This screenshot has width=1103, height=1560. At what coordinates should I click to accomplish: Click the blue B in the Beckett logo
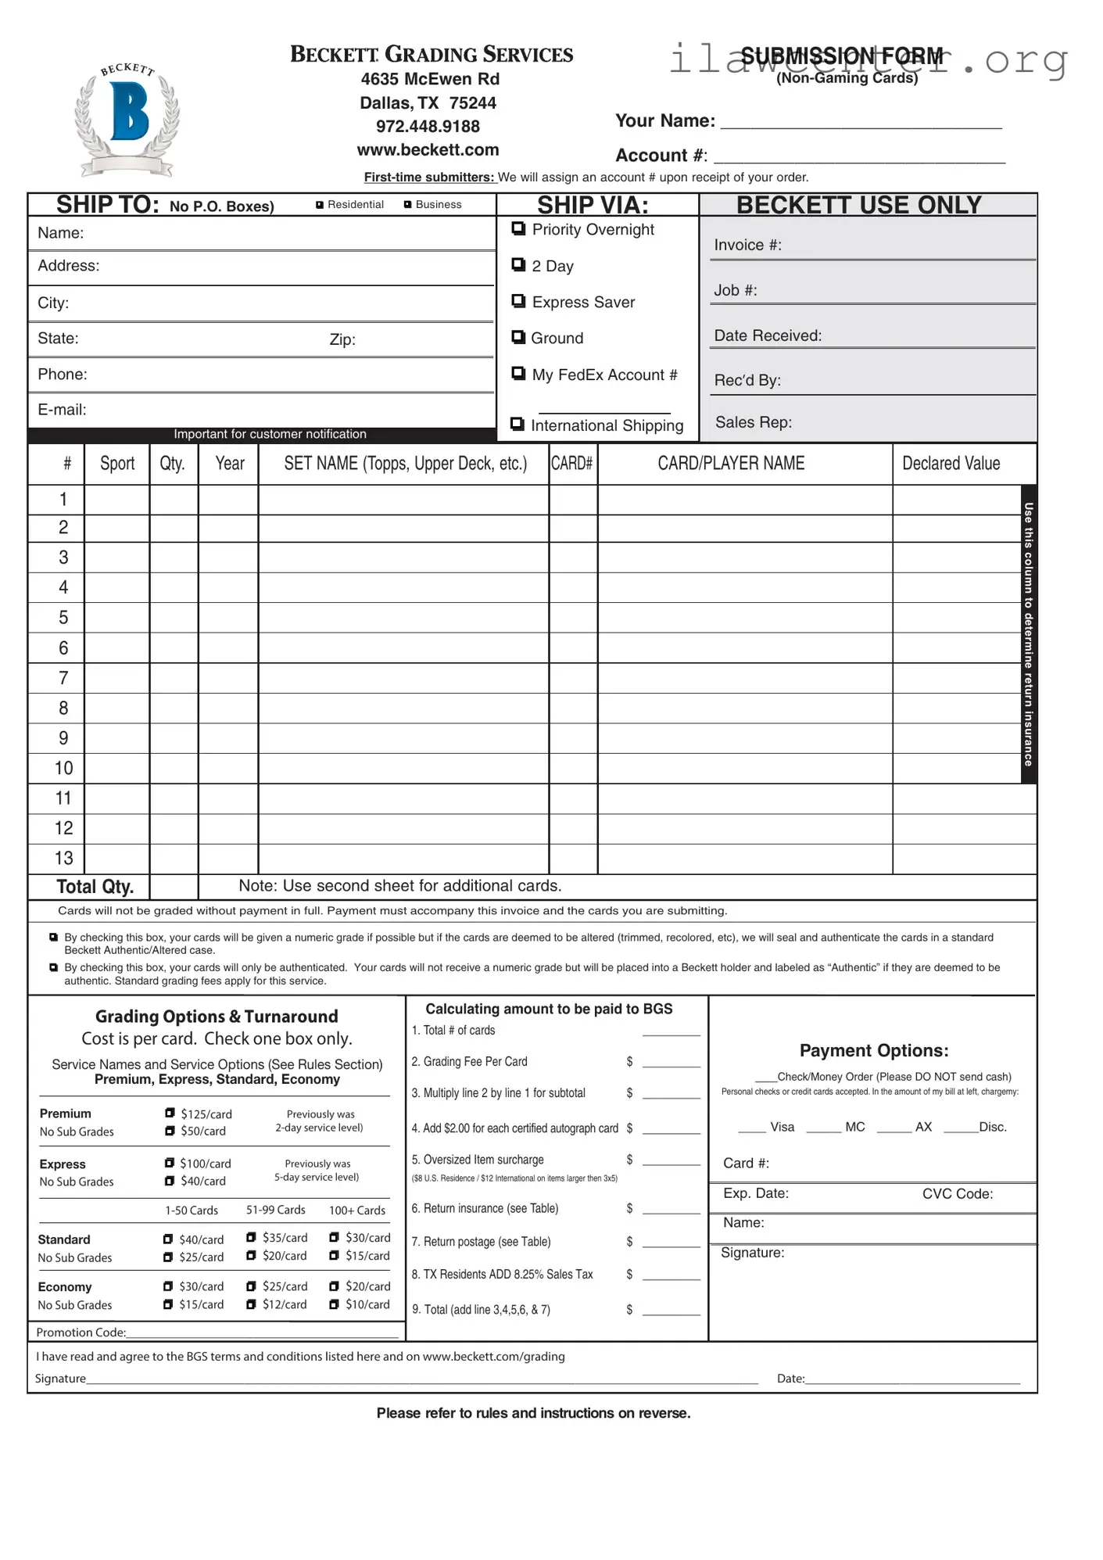(128, 112)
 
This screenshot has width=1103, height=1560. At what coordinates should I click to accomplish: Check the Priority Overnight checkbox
(518, 228)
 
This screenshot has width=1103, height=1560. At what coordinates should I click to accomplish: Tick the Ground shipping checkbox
(518, 337)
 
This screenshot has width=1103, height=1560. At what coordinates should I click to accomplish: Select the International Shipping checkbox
(517, 424)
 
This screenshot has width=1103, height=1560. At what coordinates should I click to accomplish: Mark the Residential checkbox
(320, 205)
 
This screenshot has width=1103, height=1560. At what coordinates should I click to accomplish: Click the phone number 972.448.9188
(428, 127)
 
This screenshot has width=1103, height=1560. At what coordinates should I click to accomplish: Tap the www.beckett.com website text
(428, 150)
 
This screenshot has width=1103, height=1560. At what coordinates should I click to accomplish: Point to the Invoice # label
(747, 246)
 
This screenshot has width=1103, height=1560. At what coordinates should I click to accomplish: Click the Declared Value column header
(951, 464)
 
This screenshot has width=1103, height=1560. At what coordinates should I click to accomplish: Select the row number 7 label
(63, 678)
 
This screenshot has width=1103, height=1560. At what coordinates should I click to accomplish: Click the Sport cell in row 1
(116, 500)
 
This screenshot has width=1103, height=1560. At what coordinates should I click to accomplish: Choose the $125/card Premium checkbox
(170, 1113)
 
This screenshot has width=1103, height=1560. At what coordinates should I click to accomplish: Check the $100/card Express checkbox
(170, 1163)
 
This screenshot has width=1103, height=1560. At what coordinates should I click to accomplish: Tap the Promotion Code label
(81, 1332)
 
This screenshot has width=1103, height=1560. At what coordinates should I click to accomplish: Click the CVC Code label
(957, 1194)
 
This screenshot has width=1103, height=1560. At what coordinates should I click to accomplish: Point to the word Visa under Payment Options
(782, 1127)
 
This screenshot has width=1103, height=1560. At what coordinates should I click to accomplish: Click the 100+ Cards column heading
(356, 1210)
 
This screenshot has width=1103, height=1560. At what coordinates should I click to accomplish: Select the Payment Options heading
(873, 1051)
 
